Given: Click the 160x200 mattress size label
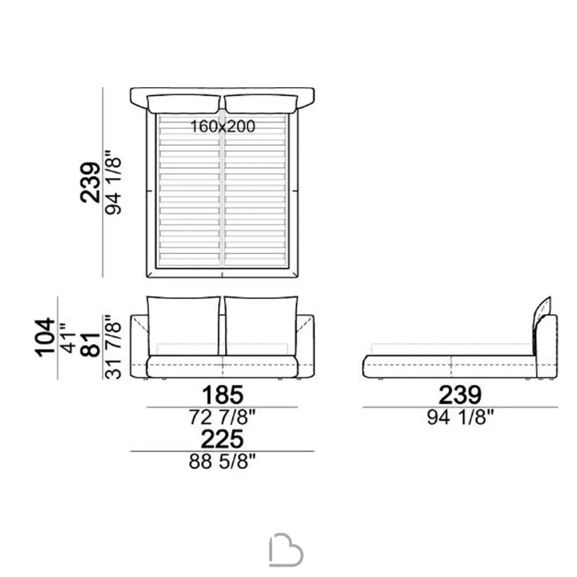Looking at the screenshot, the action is [x=223, y=126].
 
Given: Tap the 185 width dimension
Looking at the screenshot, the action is [x=223, y=395].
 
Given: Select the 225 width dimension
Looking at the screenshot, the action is [x=222, y=439].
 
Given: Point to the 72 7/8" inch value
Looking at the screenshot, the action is [x=222, y=417].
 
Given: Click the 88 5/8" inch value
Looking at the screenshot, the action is [x=222, y=461].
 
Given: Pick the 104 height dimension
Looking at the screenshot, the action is [x=45, y=337].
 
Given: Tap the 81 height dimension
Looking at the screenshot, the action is [x=91, y=344].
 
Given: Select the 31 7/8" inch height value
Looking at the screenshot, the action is [x=113, y=347].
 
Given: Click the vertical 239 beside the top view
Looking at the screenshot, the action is [x=90, y=182].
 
